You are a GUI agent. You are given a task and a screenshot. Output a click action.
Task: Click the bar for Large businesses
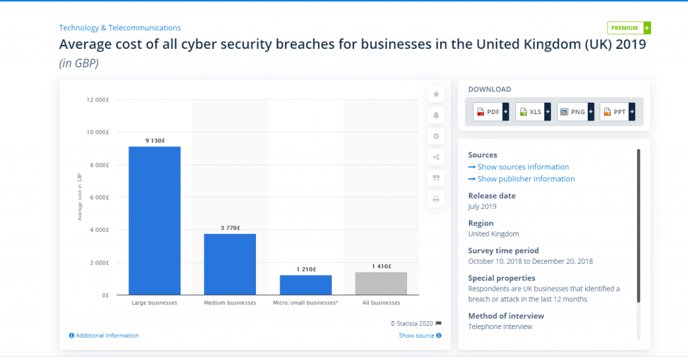pyautogui.click(x=155, y=220)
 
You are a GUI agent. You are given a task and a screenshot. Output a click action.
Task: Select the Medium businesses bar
pyautogui.click(x=230, y=265)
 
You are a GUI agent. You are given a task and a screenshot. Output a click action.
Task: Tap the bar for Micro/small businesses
pyautogui.click(x=306, y=285)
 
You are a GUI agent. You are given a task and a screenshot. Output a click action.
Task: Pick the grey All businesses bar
pyautogui.click(x=382, y=283)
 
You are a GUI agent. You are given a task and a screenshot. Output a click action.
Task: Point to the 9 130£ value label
pyautogui.click(x=155, y=141)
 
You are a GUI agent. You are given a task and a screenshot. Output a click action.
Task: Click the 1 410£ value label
pyautogui.click(x=382, y=266)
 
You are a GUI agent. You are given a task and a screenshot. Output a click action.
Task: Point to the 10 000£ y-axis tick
pyautogui.click(x=97, y=132)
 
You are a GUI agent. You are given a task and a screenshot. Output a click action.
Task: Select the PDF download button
pyautogui.click(x=491, y=111)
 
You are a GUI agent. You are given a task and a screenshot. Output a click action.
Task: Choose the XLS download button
pyautogui.click(x=533, y=111)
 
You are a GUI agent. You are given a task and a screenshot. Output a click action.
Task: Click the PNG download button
pyautogui.click(x=576, y=111)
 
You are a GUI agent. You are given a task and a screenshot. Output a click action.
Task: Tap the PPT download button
pyautogui.click(x=617, y=111)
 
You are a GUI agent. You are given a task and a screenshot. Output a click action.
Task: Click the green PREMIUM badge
pyautogui.click(x=629, y=28)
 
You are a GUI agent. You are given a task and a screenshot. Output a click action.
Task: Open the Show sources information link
pyautogui.click(x=519, y=167)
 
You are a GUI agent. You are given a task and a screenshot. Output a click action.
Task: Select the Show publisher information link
pyautogui.click(x=521, y=179)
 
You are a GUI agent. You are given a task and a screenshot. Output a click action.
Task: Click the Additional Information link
pyautogui.click(x=104, y=335)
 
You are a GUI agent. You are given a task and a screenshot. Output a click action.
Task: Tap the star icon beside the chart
pyautogui.click(x=436, y=94)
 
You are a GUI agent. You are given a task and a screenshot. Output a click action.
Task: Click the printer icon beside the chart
pyautogui.click(x=436, y=199)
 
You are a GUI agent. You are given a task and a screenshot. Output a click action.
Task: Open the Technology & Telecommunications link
pyautogui.click(x=120, y=28)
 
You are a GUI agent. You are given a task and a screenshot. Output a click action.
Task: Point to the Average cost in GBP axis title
pyautogui.click(x=80, y=197)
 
